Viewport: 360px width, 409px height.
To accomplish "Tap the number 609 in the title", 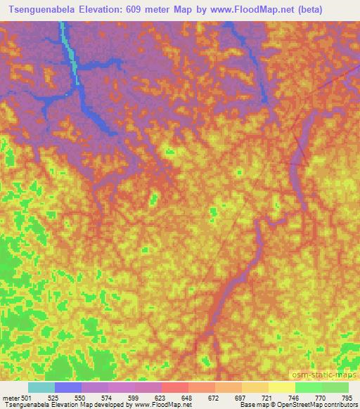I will click(x=142, y=9).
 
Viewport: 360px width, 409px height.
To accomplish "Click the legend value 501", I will click(x=27, y=397).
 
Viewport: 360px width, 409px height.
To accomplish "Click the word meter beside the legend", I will click(x=10, y=397).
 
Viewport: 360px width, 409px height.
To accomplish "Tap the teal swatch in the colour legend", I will click(x=41, y=387).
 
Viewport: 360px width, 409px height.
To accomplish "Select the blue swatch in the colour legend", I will click(x=68, y=387).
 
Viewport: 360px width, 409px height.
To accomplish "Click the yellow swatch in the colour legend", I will click(x=282, y=387).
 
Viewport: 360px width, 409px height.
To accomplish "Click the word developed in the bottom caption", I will click(x=110, y=405).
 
